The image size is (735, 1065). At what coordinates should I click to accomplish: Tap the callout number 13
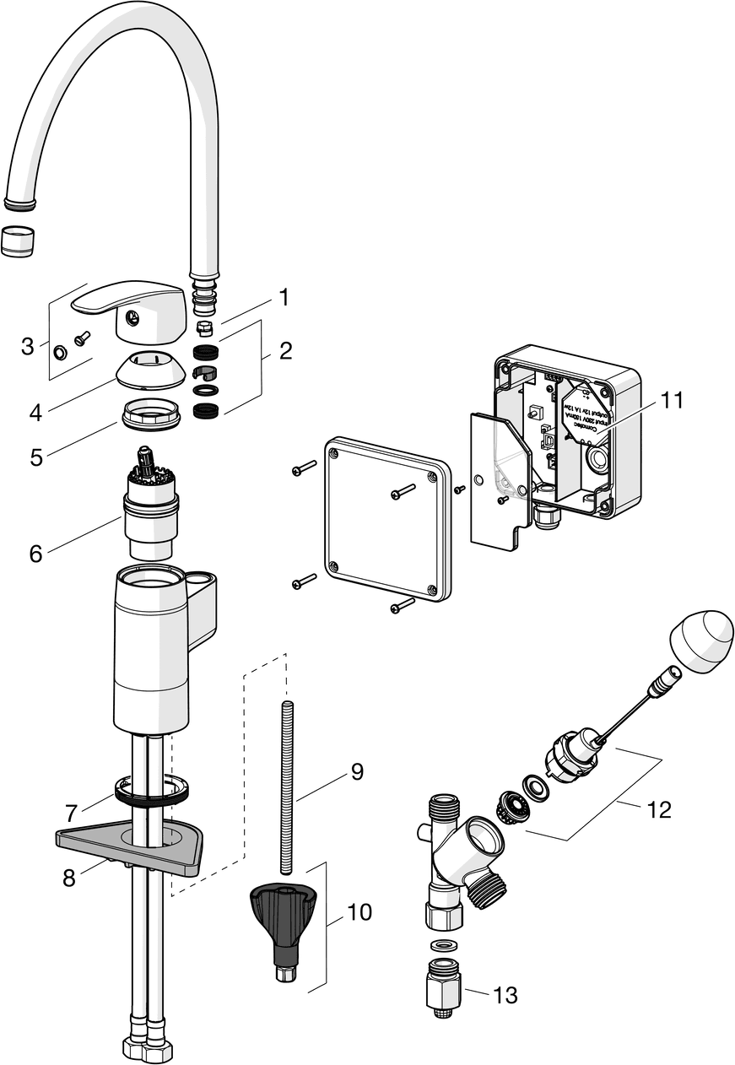[505, 996]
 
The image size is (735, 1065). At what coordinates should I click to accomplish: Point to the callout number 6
[35, 554]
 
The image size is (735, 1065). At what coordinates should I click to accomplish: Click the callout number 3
[28, 345]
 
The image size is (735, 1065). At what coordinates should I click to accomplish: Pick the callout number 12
[659, 809]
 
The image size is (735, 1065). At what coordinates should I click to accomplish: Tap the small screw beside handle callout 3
[82, 338]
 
